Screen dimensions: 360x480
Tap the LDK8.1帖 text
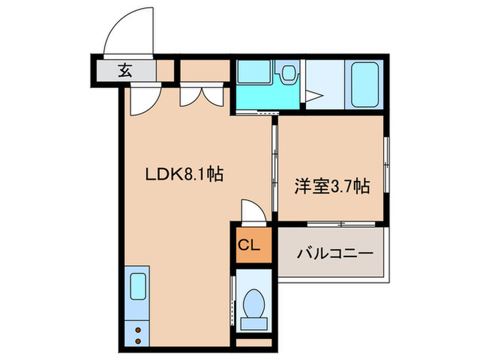click(x=182, y=174)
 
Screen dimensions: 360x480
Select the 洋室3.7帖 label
click(x=333, y=185)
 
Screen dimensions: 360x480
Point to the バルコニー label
click(x=335, y=254)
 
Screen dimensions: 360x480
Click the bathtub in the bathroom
click(x=364, y=84)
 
